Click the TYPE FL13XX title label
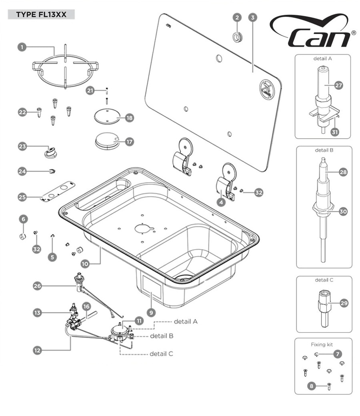coord(41,15)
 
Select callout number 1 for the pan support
coord(23,47)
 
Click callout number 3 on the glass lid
coord(252,17)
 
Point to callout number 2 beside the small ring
coord(237,17)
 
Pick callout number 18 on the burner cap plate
coord(129,118)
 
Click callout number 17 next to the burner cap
coord(129,141)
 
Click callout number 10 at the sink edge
coord(84,264)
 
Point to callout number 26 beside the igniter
coord(38,286)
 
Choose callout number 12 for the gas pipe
coord(38,350)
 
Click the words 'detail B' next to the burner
coord(161,336)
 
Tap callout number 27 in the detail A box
coord(338,86)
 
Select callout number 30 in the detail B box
coord(343,212)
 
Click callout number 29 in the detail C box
coord(344,303)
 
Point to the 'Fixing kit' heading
coord(323,344)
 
